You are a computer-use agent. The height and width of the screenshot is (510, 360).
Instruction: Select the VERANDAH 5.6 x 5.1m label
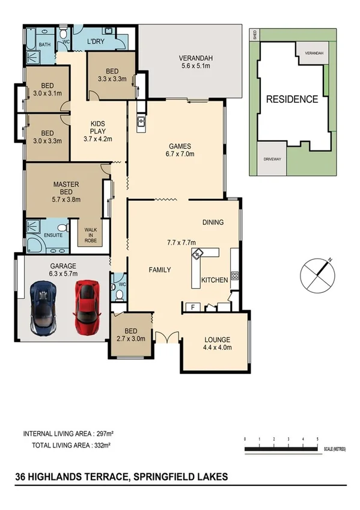click(x=196, y=63)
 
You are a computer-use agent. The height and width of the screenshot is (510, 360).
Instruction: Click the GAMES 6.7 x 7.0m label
click(x=180, y=150)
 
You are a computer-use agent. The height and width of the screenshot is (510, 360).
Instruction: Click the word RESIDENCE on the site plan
click(x=292, y=100)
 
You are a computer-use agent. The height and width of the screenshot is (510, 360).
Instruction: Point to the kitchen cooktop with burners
click(x=235, y=276)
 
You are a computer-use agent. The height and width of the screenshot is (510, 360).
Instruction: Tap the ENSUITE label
click(x=53, y=235)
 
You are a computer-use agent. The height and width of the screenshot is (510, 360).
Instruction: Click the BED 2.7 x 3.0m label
click(x=131, y=335)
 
